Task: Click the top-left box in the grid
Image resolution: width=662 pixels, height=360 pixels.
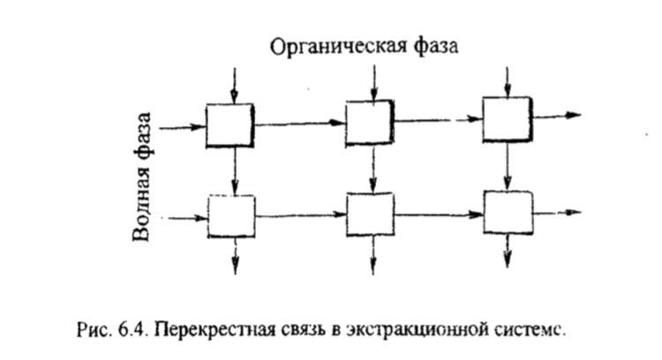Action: click(229, 124)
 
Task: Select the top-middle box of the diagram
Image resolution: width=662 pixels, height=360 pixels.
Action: click(370, 122)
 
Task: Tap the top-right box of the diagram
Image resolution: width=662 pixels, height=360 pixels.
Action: click(507, 119)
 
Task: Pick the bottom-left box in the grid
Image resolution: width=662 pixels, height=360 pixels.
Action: click(231, 216)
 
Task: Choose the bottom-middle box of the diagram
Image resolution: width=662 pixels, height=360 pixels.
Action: click(371, 214)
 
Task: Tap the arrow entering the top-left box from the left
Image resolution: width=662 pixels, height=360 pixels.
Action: click(182, 127)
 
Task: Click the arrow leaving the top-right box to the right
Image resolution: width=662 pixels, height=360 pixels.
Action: click(556, 116)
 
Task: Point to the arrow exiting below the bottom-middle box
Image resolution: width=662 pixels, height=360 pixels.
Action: click(372, 254)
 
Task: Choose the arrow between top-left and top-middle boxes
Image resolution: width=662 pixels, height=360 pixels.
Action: click(298, 124)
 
